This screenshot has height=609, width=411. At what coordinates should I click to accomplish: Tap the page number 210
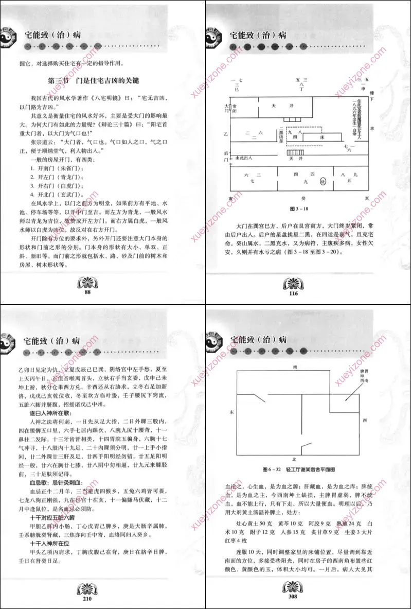click(87, 598)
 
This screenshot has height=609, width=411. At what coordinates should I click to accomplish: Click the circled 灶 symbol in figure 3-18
click(323, 181)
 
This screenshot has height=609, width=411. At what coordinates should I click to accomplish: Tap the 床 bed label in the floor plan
click(323, 138)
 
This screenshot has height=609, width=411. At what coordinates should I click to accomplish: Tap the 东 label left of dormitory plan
click(231, 412)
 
